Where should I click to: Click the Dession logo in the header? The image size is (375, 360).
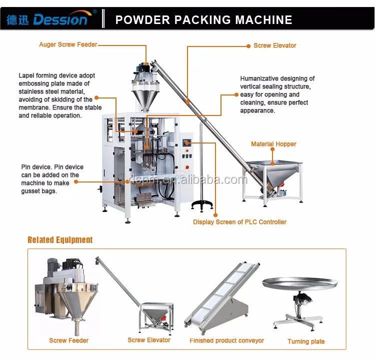point(47,19)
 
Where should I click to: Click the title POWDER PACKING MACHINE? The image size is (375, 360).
point(203,20)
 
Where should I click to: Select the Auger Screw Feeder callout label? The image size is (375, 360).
point(68,44)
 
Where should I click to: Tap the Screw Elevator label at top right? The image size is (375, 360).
point(274,45)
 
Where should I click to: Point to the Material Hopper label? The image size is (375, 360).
point(273,144)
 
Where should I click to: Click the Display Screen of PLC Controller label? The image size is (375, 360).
point(239,221)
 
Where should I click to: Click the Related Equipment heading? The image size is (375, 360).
point(60,240)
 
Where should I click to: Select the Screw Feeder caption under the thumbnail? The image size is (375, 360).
point(68,340)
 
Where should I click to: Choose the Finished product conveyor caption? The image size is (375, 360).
point(226,340)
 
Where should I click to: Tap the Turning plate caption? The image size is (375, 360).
point(306,341)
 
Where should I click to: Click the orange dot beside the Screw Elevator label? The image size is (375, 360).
point(248,45)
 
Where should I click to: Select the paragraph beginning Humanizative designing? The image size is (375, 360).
point(277,94)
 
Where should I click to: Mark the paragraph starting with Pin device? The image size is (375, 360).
point(52,179)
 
